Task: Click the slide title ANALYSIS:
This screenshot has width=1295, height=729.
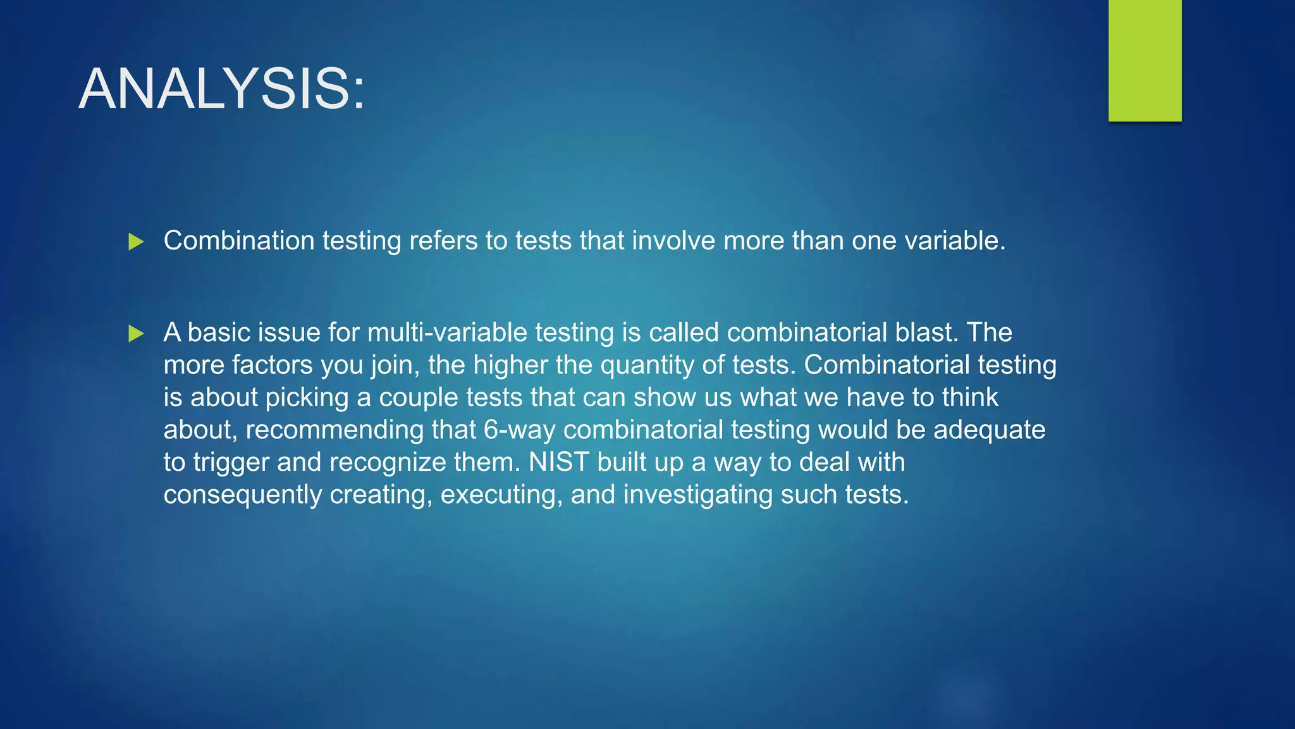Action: point(222,89)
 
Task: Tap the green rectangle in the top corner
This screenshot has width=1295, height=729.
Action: point(1145,60)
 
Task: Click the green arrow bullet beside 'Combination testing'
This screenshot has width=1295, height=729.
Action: point(136,242)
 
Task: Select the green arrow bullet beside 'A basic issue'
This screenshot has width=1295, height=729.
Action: point(136,333)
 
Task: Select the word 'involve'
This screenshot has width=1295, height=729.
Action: point(673,241)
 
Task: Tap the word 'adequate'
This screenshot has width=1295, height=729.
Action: point(989,430)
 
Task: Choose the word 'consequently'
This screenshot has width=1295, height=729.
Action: point(243,495)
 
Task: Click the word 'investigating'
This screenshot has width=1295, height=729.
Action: point(697,495)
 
